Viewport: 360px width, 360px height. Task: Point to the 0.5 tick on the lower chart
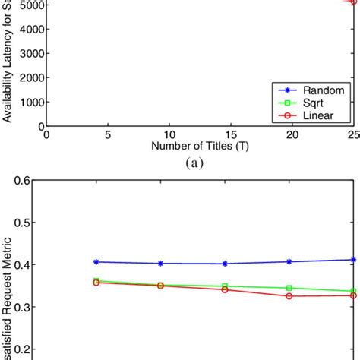point(33,245)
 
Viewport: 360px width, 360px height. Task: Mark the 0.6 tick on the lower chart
point(33,202)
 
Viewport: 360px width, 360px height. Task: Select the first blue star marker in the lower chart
point(96,262)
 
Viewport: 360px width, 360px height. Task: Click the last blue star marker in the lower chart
point(353,260)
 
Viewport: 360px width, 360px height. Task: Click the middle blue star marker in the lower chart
point(225,264)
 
